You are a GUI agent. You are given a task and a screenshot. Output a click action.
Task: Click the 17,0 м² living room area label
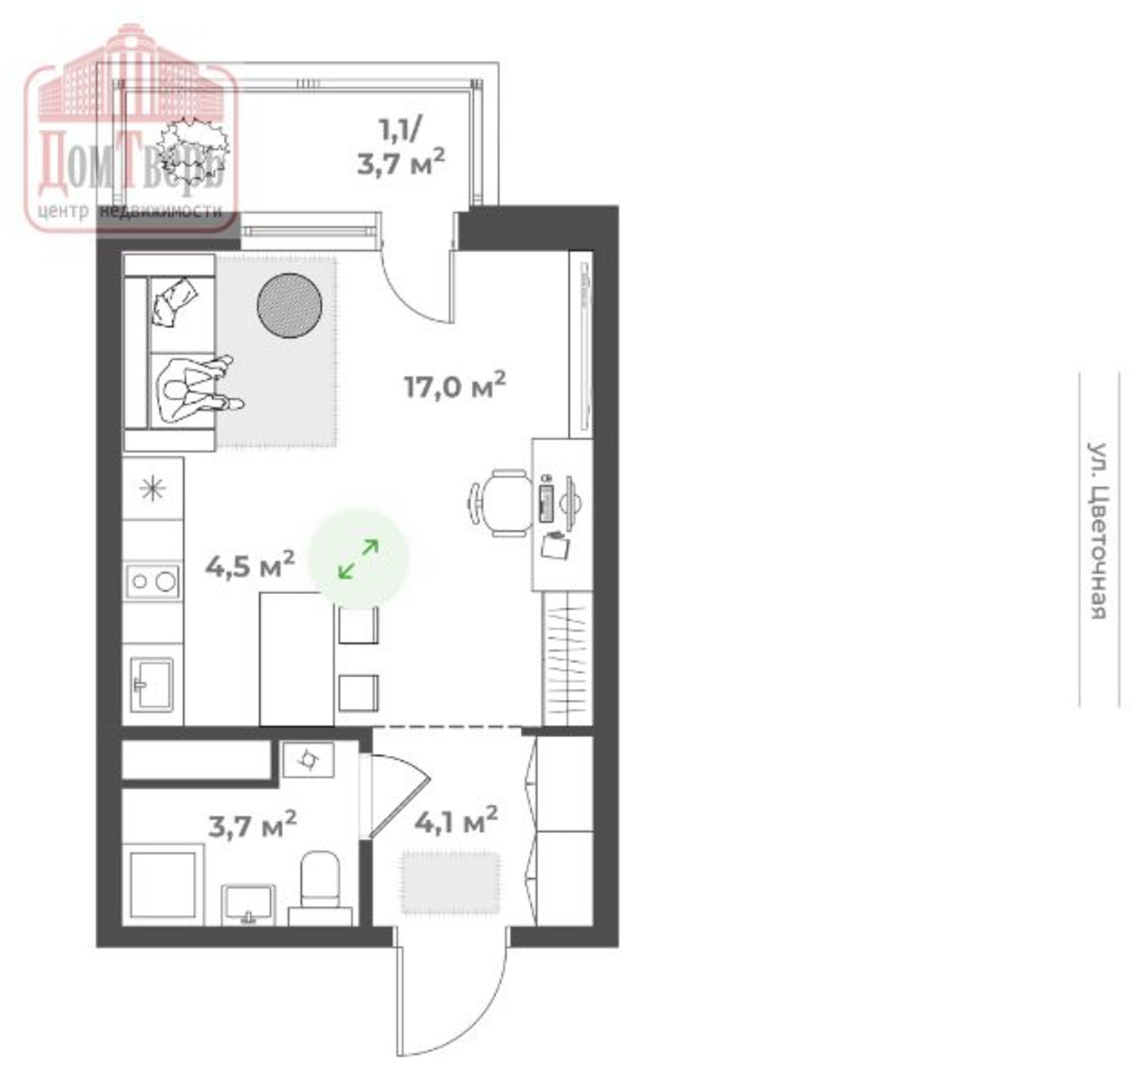[455, 386]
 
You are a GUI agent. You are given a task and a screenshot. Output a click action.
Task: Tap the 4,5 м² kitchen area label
[250, 565]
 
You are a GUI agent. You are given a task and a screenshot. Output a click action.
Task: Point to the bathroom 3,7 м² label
[252, 824]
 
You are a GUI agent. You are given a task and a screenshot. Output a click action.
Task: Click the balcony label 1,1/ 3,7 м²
[401, 147]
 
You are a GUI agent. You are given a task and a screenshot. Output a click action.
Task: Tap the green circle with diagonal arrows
[358, 559]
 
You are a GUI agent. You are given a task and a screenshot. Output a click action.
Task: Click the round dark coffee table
[289, 306]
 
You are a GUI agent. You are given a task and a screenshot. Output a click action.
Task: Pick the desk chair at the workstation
[501, 503]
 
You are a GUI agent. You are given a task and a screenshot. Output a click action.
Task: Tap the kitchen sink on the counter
[151, 685]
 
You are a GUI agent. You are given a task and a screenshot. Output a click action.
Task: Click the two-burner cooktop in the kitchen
[152, 581]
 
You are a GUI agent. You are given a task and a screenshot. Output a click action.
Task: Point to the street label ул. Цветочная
[1097, 531]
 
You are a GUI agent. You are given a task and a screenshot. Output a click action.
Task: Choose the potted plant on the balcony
[193, 148]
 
